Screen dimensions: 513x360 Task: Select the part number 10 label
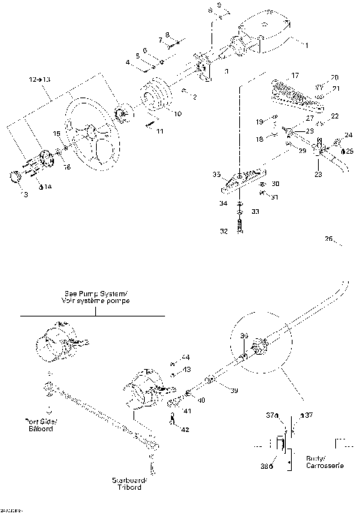click(x=177, y=115)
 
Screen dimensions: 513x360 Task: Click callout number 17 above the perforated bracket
click(x=295, y=75)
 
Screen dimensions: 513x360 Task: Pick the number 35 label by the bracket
click(x=215, y=175)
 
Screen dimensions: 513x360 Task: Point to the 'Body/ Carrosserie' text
click(x=323, y=461)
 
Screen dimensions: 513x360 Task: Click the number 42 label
click(x=185, y=429)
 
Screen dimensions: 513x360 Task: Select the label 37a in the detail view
click(x=271, y=414)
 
